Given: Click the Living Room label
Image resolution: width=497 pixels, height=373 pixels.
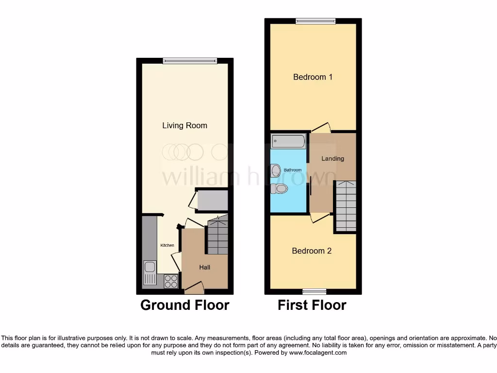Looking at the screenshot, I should pyautogui.click(x=184, y=125).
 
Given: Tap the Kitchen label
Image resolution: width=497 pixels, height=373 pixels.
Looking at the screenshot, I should pyautogui.click(x=167, y=245).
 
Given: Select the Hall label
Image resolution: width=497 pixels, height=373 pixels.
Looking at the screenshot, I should pyautogui.click(x=204, y=267).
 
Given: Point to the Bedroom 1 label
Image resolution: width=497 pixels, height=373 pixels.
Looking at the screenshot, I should pyautogui.click(x=313, y=77).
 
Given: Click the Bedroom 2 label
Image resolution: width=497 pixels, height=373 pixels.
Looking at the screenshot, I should pyautogui.click(x=312, y=251).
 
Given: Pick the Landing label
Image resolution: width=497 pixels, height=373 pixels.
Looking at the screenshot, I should pyautogui.click(x=332, y=158).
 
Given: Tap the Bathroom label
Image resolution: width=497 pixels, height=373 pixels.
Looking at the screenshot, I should pyautogui.click(x=293, y=170).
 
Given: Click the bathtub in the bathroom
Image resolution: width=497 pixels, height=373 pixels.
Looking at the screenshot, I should pyautogui.click(x=289, y=141).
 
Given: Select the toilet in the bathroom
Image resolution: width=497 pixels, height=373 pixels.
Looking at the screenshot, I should pyautogui.click(x=279, y=188).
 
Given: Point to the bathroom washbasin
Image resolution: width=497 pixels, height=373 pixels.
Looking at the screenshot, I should pyautogui.click(x=276, y=170).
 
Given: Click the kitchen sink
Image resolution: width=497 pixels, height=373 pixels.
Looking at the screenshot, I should pyautogui.click(x=150, y=267).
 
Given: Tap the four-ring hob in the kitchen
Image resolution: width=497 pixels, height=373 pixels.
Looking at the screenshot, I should pyautogui.click(x=171, y=281).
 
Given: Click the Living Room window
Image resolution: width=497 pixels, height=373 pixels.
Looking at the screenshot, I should pyautogui.click(x=190, y=61).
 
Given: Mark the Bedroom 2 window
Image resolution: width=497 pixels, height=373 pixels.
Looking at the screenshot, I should pyautogui.click(x=314, y=291).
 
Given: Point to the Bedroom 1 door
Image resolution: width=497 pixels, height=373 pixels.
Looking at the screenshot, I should pyautogui.click(x=321, y=128).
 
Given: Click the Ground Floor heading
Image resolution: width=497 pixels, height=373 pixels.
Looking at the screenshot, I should pyautogui.click(x=184, y=305).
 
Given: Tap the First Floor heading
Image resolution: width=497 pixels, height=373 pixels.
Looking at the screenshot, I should pyautogui.click(x=312, y=305).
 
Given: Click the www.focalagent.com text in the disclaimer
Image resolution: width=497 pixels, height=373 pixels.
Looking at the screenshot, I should pyautogui.click(x=318, y=353).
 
